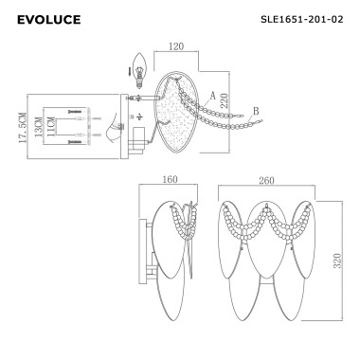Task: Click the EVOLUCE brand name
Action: tap(49, 19)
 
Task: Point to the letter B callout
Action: tap(256, 113)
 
